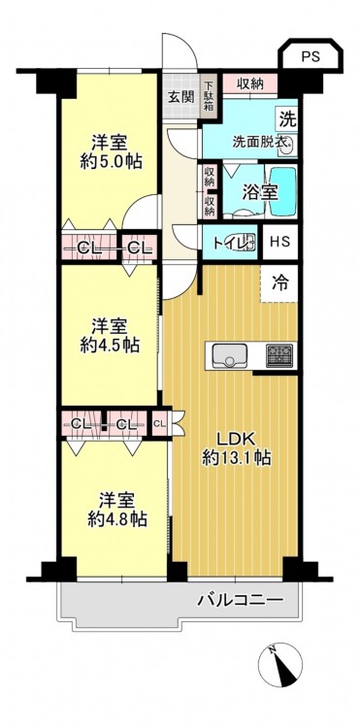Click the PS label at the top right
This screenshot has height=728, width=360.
[311, 56]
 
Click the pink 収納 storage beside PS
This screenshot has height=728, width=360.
[249, 84]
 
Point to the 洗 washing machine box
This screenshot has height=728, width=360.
[286, 120]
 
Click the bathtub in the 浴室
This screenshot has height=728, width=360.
[282, 191]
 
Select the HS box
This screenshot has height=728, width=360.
[280, 242]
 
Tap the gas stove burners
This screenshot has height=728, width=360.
[279, 355]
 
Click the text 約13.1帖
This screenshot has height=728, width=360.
[237, 459]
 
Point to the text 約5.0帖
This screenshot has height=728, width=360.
[111, 162]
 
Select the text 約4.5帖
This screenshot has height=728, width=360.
[109, 346]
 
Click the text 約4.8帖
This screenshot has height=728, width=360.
[116, 518]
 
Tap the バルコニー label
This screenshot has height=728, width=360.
[241, 600]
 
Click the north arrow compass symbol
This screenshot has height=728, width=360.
[279, 664]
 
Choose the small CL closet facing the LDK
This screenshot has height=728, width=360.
[159, 423]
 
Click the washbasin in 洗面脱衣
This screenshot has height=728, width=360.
[286, 148]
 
